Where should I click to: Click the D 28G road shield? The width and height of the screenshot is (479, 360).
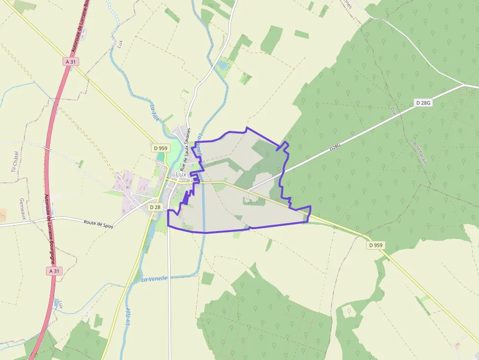[423, 103]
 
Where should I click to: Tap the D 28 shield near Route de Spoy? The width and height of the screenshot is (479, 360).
[155, 207]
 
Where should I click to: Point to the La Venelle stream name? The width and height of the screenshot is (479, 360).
[154, 278]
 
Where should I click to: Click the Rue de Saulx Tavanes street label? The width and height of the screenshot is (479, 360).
[185, 149]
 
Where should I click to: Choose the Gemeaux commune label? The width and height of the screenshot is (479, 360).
[22, 209]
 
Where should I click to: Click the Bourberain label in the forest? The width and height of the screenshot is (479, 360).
[420, 153]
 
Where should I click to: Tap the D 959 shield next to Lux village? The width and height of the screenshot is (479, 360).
[160, 148]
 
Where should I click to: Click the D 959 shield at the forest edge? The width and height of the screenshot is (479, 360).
[375, 245]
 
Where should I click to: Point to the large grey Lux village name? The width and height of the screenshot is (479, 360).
[181, 174]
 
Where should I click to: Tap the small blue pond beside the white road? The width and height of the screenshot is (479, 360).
[222, 64]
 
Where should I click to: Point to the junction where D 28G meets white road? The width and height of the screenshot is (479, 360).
[463, 85]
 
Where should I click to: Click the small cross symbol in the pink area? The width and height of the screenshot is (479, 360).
[128, 187]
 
